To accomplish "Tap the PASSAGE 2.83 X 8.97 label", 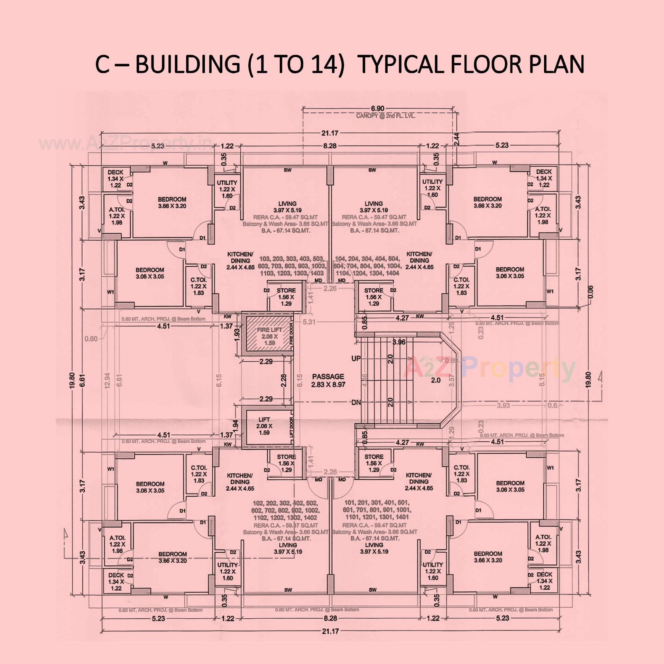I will [328, 380].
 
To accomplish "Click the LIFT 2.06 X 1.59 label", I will [264, 426].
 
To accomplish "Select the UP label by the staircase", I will [356, 359].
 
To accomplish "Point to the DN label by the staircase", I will [356, 403].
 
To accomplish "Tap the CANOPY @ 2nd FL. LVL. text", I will [386, 116].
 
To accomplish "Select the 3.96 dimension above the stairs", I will [399, 342].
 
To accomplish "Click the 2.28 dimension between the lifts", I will [284, 380].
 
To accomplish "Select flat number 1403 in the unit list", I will [317, 273].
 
